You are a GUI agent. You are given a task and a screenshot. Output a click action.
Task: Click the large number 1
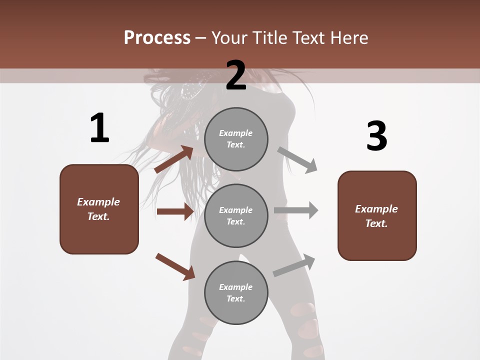point(99,128)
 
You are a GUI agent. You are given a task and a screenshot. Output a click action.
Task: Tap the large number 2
point(236,75)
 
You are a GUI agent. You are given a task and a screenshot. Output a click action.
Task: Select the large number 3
point(376,136)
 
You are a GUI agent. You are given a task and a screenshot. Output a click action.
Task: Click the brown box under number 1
point(99,209)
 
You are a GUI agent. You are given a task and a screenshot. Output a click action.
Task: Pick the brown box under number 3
point(377,215)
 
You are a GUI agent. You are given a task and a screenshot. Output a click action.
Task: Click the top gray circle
point(236,139)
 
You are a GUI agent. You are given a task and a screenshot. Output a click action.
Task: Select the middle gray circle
point(236,215)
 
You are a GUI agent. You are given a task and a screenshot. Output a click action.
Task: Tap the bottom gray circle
point(236,292)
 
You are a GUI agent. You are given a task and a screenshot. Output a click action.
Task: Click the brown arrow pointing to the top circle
point(174,159)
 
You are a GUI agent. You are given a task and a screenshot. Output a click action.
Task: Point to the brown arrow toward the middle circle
point(175,211)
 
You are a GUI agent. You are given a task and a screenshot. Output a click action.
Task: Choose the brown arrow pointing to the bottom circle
point(175,266)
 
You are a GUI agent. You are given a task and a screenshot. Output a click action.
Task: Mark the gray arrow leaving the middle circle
point(296,210)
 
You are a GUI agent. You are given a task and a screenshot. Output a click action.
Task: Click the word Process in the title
point(157,37)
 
